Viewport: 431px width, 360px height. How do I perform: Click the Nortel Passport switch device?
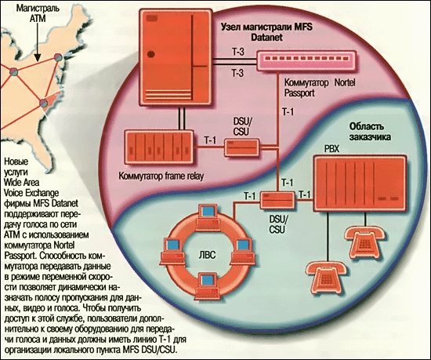point(306,60)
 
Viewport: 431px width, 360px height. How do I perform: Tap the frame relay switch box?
point(159,147)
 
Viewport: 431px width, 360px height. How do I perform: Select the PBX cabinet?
point(360,184)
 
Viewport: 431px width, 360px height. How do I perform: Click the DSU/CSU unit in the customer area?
point(277,200)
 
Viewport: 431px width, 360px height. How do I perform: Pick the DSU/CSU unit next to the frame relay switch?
point(242,147)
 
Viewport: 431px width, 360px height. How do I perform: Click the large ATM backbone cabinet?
point(176,57)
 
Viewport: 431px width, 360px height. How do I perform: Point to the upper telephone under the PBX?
point(365,242)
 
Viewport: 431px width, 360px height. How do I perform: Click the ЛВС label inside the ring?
point(207,255)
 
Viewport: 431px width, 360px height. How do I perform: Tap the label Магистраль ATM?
point(38,13)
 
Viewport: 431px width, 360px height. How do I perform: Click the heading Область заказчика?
point(369,132)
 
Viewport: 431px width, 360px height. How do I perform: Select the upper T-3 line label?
point(237,52)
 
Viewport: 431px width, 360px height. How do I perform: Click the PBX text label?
point(332,149)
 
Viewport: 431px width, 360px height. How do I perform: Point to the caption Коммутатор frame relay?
point(161,176)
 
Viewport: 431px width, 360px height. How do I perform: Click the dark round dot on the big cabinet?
point(151,54)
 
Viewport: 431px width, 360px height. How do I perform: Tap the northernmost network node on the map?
point(58,57)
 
